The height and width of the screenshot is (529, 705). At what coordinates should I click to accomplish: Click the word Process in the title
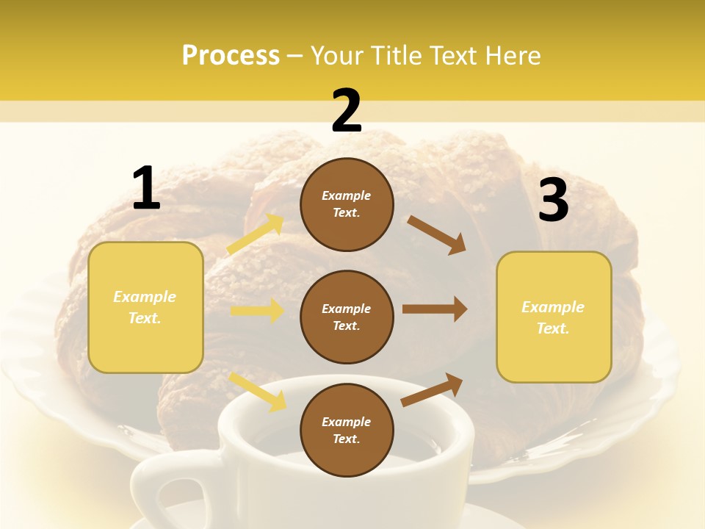coord(231,55)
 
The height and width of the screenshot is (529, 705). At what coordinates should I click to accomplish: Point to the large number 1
coord(146,189)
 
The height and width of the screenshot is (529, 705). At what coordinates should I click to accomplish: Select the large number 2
coord(347,111)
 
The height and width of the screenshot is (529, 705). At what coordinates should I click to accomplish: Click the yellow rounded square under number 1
coord(145,307)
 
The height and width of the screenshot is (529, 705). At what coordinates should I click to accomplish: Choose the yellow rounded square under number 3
coord(554,317)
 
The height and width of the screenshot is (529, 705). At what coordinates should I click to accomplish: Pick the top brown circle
coord(347,204)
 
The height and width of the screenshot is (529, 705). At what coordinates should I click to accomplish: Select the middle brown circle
coord(347,317)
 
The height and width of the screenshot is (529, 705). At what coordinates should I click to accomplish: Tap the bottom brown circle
coord(347,430)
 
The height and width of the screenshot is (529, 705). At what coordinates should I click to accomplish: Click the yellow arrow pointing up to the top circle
coord(256,234)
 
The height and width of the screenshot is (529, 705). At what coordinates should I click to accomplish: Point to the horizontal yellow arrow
coord(257,311)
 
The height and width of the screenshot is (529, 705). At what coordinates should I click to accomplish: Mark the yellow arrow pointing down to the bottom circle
coord(258,391)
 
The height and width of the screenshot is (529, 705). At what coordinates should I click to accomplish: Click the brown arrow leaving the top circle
coord(437,234)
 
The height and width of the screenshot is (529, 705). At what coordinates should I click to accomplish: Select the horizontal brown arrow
coord(435,309)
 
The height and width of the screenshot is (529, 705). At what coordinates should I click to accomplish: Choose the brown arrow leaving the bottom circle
coord(433,389)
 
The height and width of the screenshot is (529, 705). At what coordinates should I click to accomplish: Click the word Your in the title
coord(339,55)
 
